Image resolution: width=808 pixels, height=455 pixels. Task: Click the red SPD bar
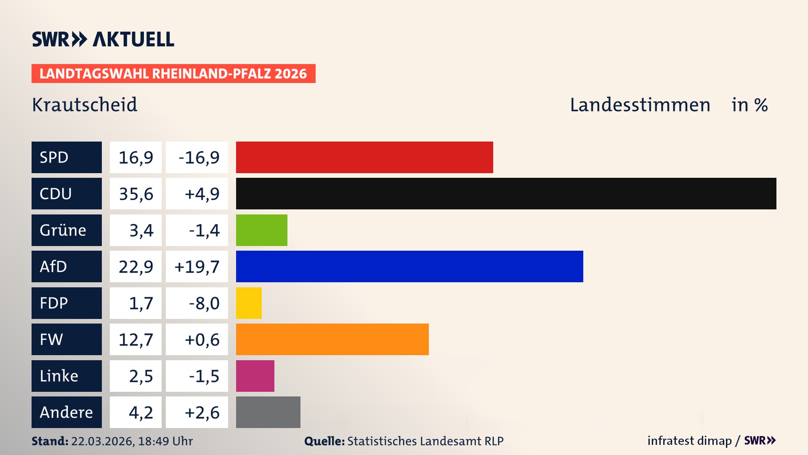(364, 157)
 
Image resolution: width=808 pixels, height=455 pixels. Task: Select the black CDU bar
(506, 193)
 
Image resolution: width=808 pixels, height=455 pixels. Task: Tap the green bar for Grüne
(261, 230)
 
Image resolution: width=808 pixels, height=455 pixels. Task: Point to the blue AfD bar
(409, 266)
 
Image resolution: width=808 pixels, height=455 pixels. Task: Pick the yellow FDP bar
(249, 303)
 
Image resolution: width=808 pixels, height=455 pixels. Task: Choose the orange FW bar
(332, 339)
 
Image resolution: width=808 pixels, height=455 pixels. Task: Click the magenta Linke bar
(255, 376)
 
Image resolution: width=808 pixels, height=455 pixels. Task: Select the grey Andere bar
(268, 412)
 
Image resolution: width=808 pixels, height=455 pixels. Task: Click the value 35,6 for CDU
(136, 194)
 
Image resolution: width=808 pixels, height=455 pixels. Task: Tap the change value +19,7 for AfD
(197, 267)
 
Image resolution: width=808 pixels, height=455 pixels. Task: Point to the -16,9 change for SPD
(199, 158)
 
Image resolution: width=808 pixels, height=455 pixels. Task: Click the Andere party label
(66, 412)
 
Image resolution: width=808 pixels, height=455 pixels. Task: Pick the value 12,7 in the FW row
(136, 340)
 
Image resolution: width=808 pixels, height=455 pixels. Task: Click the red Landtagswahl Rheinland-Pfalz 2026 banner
(173, 74)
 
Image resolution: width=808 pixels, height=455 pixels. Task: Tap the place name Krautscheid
(85, 105)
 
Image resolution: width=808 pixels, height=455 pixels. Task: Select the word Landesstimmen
(640, 105)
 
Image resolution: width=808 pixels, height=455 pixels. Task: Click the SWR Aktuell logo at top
(103, 39)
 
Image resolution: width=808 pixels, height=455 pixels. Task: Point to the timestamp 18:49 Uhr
(165, 441)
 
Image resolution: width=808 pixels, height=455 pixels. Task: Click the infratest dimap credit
(689, 441)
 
